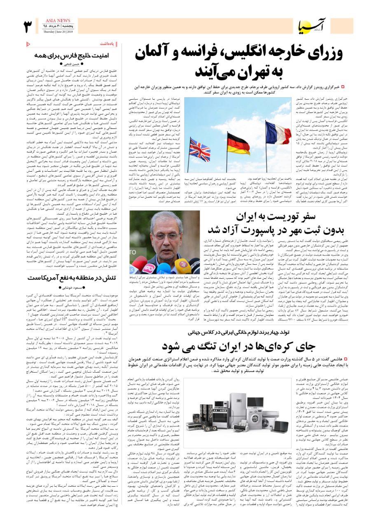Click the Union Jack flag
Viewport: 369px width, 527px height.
[x=199, y=149]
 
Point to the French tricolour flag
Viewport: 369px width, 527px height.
[x=278, y=133]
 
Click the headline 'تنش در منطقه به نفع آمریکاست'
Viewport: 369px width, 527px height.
[x=72, y=277]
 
